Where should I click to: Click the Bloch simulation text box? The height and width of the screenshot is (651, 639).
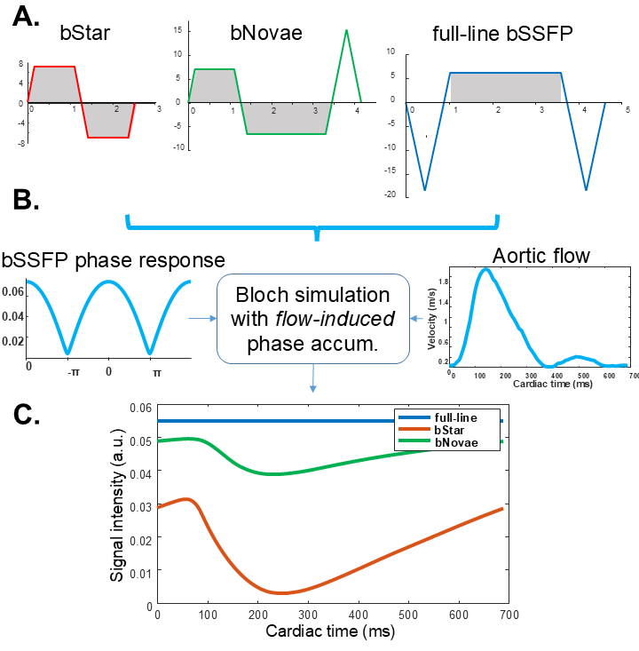pos(312,319)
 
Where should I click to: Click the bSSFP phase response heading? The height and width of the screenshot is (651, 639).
pos(112,259)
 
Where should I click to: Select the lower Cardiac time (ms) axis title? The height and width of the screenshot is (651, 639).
pos(330,632)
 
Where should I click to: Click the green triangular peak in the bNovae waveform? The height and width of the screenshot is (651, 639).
pos(346,31)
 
